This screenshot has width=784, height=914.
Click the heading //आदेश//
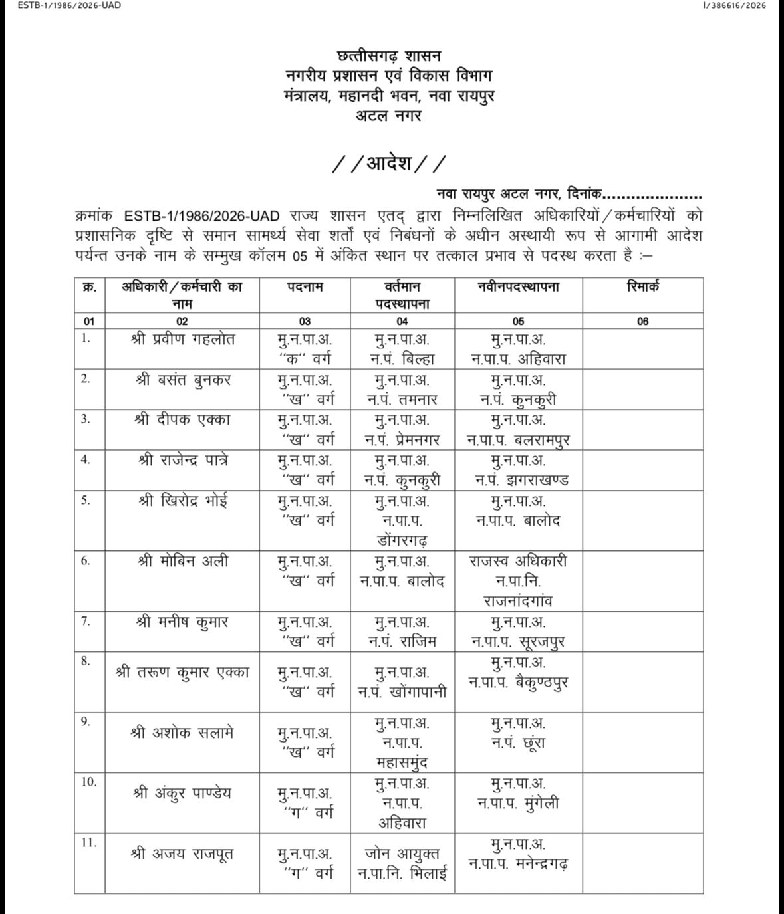click(390, 164)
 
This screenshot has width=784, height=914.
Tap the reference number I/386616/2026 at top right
click(733, 6)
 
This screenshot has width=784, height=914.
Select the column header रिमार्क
click(642, 287)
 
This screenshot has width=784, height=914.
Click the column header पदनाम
click(305, 287)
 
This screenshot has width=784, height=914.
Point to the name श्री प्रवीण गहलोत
click(183, 339)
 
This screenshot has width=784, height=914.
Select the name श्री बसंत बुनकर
click(183, 380)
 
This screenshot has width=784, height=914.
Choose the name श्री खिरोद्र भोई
click(182, 501)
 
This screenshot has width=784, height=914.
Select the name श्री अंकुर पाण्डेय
click(183, 793)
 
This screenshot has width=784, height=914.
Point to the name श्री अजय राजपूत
click(183, 854)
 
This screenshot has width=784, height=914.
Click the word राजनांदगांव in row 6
click(518, 602)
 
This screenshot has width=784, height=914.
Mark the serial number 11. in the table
click(88, 842)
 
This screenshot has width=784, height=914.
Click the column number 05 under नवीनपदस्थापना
click(518, 321)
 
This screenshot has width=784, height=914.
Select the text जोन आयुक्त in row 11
click(402, 854)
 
